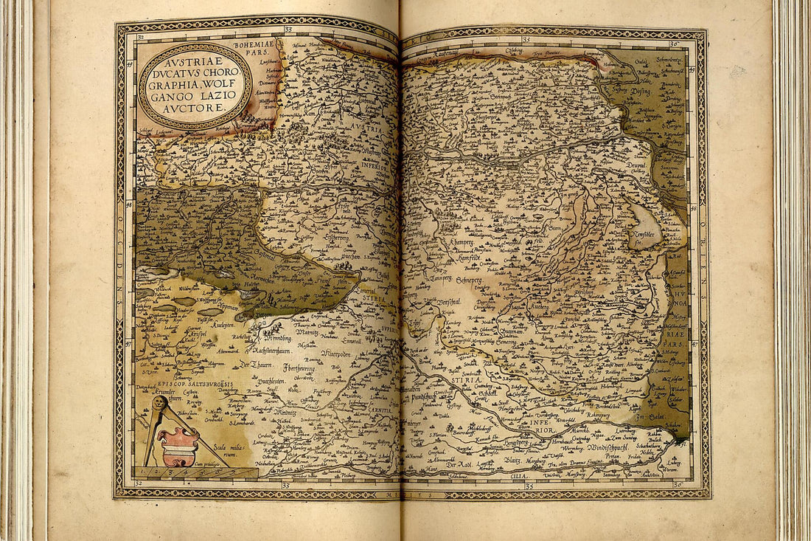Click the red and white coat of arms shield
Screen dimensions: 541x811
(178, 446)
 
